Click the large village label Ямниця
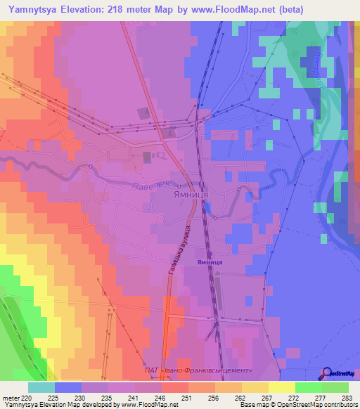tap(188, 197)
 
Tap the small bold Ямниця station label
tap(210, 261)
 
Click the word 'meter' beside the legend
tap(12, 398)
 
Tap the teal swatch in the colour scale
tap(41, 387)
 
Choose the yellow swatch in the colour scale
tap(282, 387)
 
